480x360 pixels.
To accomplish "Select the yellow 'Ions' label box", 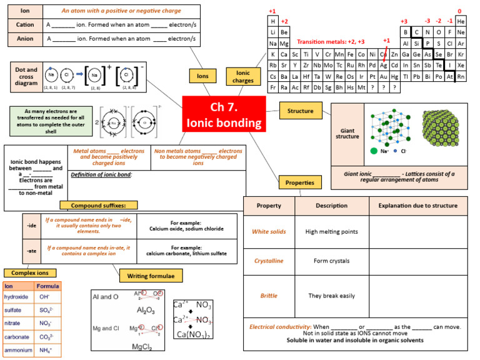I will tap(202, 76).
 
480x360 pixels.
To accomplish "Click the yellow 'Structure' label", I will tap(300, 111).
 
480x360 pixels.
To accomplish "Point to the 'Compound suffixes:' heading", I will tap(98, 205).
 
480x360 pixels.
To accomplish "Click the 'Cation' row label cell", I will tap(24, 25).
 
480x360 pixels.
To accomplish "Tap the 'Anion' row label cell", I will tap(24, 39).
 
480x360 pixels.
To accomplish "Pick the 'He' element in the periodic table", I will tap(461, 21).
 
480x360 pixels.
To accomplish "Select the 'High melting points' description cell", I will tap(331, 232).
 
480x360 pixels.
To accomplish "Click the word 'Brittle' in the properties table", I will tap(269, 296).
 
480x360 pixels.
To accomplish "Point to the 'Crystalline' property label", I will tap(269, 261).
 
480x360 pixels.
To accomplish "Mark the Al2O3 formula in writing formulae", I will tap(146, 310).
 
